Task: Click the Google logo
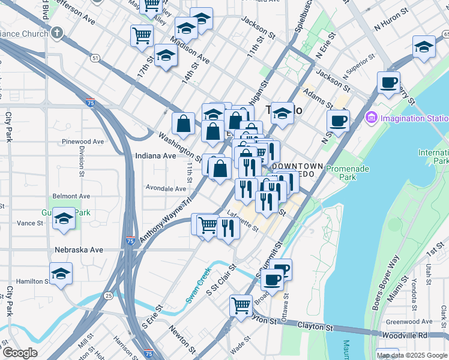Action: (19, 353)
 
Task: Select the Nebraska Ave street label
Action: (79, 250)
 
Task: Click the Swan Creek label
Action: (199, 285)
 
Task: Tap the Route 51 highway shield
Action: (96, 58)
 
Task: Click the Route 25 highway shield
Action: (108, 296)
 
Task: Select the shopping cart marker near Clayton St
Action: (241, 305)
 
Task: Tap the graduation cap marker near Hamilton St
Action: (61, 274)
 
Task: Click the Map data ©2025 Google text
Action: (412, 355)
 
